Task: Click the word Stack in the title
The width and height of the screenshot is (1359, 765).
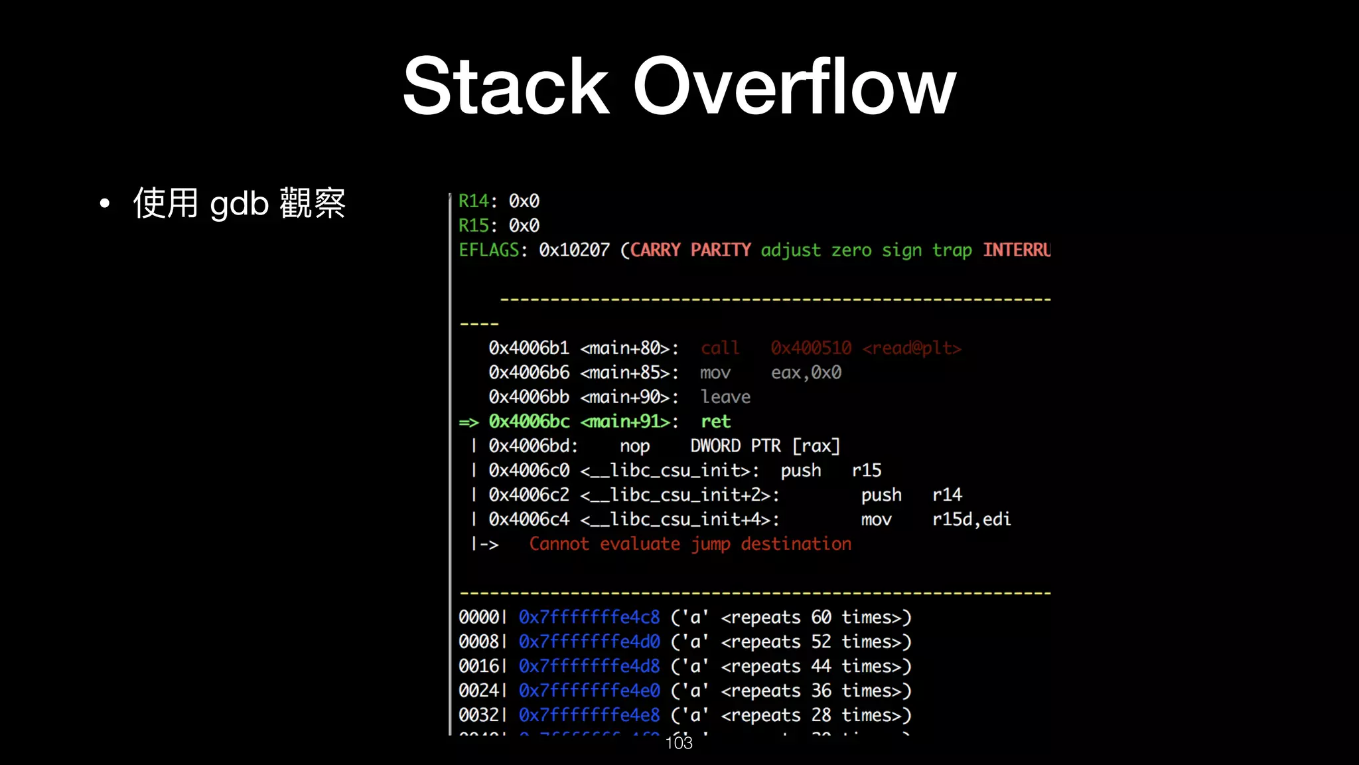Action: [506, 86]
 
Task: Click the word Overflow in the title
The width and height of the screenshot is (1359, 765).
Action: [794, 86]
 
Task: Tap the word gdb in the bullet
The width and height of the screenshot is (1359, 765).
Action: [239, 203]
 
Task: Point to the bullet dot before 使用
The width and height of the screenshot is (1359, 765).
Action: [104, 204]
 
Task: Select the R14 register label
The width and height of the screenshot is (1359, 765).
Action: [473, 201]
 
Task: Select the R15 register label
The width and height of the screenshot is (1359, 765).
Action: [473, 225]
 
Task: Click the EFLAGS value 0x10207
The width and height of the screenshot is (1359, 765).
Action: [574, 250]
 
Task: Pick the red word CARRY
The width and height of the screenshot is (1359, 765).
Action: [655, 250]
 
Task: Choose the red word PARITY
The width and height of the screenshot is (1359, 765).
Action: [721, 250]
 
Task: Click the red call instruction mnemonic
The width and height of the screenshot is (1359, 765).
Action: [719, 348]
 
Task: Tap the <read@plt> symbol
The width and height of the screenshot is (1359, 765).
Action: [912, 348]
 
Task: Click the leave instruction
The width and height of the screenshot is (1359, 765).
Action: [725, 397]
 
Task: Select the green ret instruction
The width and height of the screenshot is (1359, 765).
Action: [715, 422]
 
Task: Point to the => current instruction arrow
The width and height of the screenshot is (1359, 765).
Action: [468, 422]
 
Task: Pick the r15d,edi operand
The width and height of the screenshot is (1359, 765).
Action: [971, 519]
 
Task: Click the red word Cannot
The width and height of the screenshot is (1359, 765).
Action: [559, 544]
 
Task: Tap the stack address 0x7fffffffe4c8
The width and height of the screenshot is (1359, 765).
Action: [589, 618]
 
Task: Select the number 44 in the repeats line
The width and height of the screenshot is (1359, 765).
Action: [821, 666]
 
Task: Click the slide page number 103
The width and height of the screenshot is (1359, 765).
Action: [679, 743]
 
